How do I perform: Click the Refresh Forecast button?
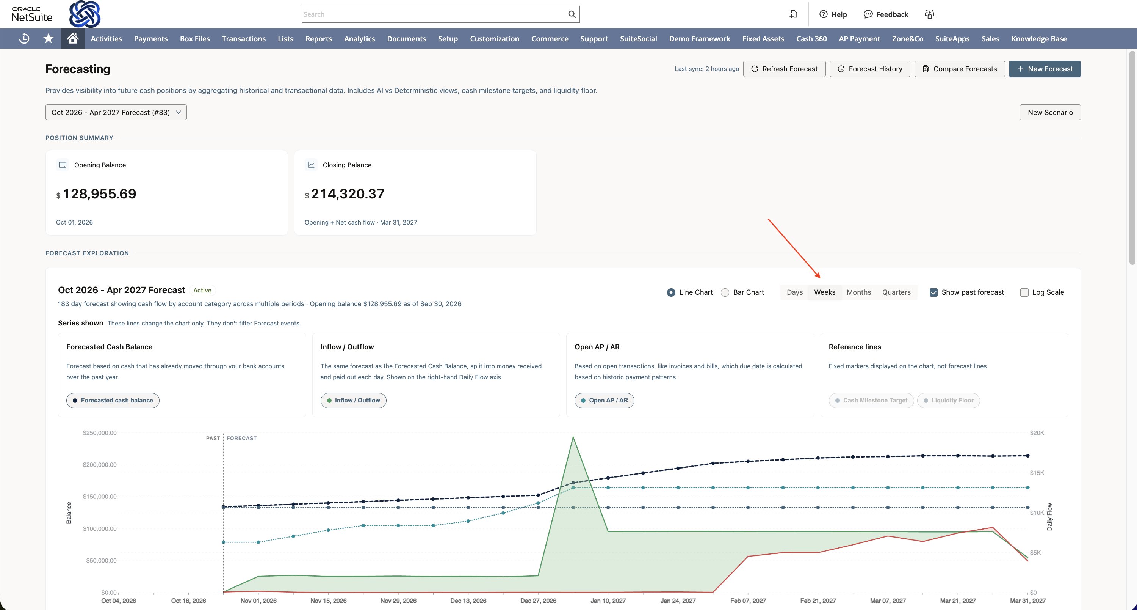pos(784,69)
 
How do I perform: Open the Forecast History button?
pos(869,69)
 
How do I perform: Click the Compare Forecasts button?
pos(960,69)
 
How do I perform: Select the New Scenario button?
pos(1050,112)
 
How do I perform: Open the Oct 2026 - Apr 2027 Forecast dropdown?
pos(116,112)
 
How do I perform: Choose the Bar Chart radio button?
pos(725,292)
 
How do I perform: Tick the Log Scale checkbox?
pos(1024,292)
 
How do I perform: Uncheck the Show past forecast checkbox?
pos(933,292)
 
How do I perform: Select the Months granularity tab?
pos(858,292)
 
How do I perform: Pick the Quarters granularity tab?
pos(896,292)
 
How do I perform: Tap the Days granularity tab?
pos(794,292)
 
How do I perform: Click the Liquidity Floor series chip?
pos(948,401)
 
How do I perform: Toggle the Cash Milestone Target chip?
pos(871,401)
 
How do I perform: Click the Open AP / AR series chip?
pos(604,401)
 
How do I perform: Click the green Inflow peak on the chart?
pos(573,437)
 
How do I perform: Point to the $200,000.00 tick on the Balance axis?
pos(100,465)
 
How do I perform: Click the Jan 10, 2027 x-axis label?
pos(608,601)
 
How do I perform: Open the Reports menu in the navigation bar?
pos(319,39)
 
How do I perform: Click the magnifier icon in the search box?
pos(572,14)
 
